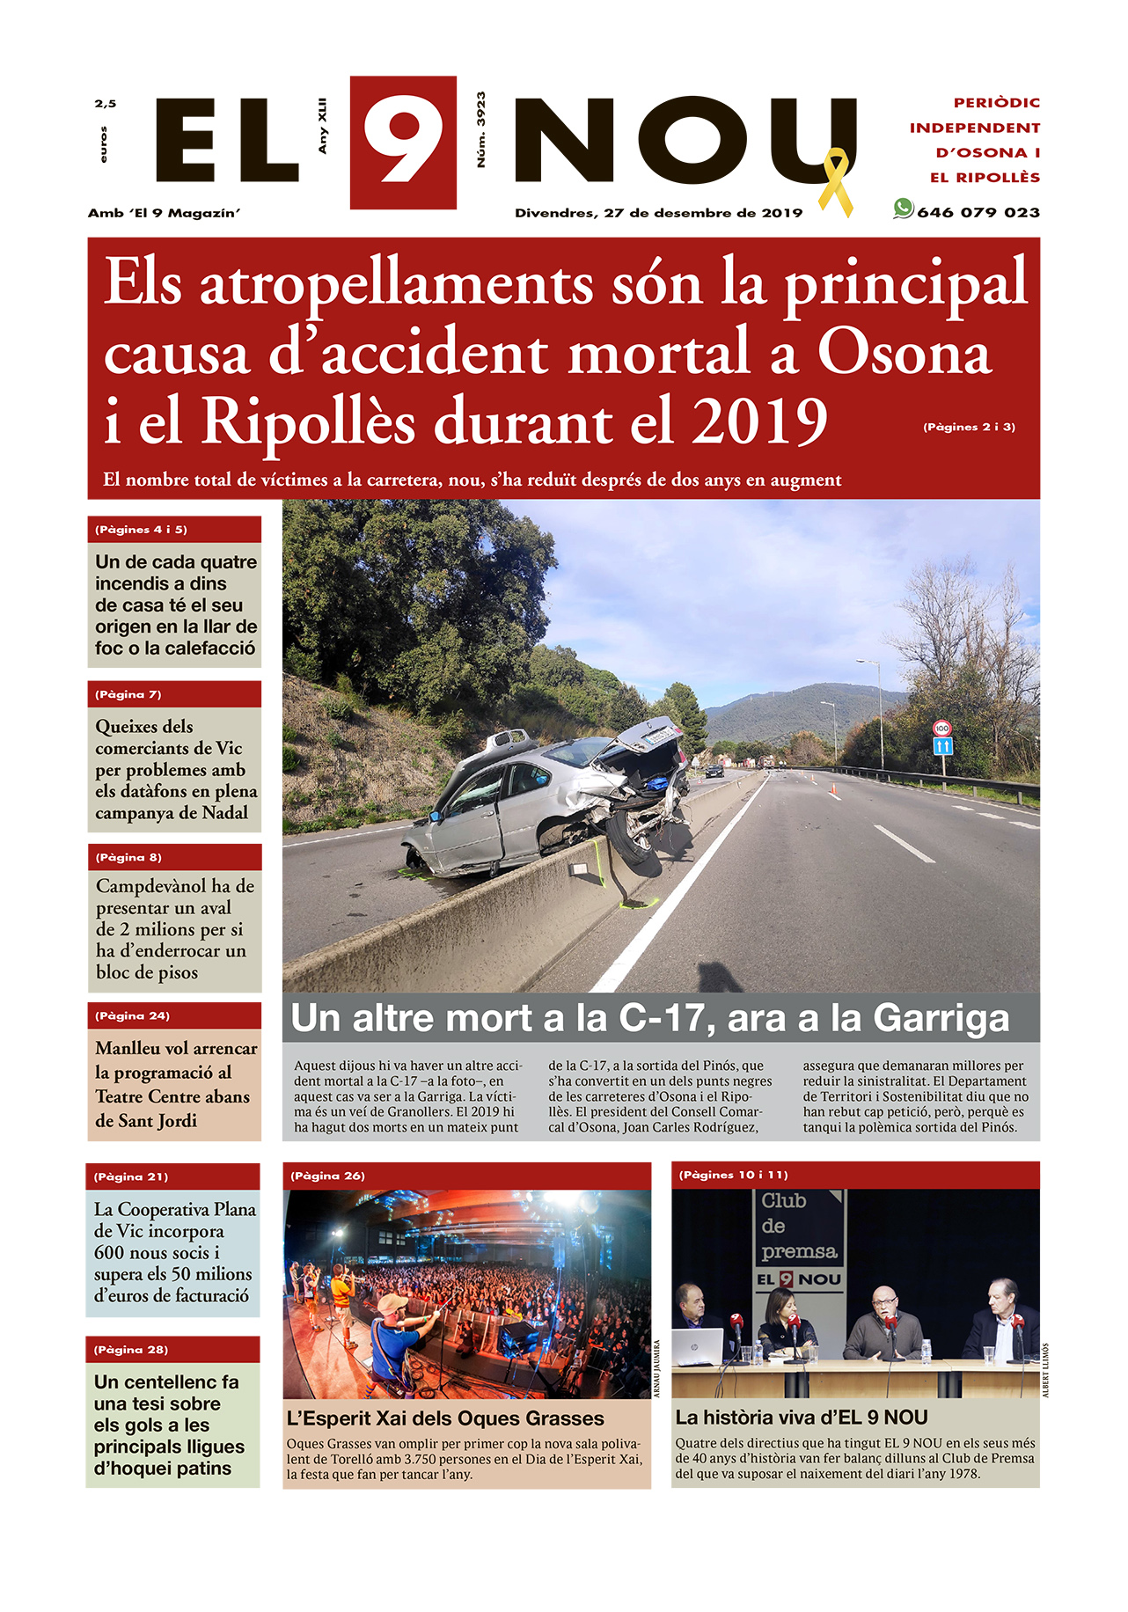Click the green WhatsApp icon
[x=903, y=209]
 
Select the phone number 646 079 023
[x=978, y=213]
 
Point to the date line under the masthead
[x=658, y=213]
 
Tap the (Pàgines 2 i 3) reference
[x=969, y=427]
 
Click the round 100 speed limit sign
[x=942, y=728]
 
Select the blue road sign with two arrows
[x=942, y=746]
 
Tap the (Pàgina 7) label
[x=128, y=694]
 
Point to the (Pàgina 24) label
[x=132, y=1015]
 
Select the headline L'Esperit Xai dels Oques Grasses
[x=445, y=1418]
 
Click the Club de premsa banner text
[x=799, y=1226]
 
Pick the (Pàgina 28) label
[x=130, y=1350]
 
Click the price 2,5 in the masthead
[x=106, y=104]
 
